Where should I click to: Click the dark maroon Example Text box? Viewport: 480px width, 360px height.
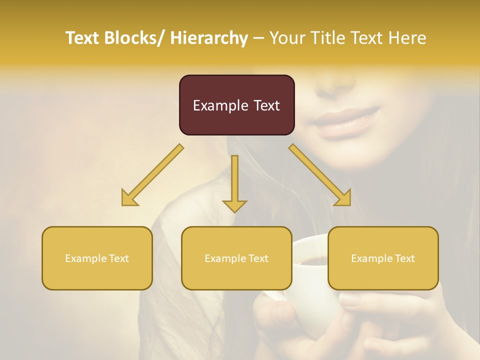pyautogui.click(x=236, y=105)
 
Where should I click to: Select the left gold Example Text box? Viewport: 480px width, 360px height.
pyautogui.click(x=97, y=258)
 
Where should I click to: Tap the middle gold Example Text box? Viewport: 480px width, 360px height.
pyautogui.click(x=236, y=258)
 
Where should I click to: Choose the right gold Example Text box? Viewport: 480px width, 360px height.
pyautogui.click(x=383, y=258)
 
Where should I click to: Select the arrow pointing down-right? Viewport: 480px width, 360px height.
pyautogui.click(x=320, y=175)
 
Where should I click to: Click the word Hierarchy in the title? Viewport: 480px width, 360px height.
pyautogui.click(x=209, y=38)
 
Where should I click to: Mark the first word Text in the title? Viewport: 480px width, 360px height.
pyautogui.click(x=83, y=38)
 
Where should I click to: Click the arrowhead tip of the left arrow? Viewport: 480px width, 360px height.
pyautogui.click(x=124, y=203)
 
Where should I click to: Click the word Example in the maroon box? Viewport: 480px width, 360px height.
pyautogui.click(x=220, y=105)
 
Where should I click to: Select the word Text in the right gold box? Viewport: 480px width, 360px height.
pyautogui.click(x=404, y=258)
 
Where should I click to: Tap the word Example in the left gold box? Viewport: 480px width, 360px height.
pyautogui.click(x=85, y=258)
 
